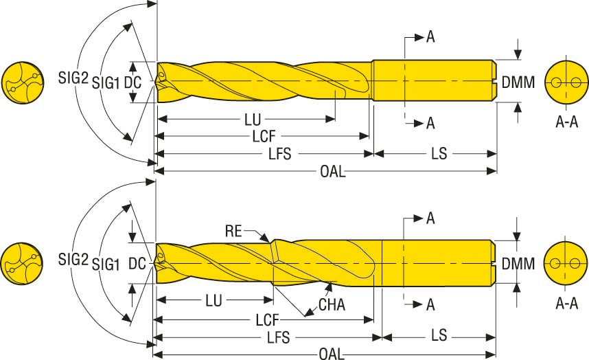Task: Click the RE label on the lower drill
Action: [233, 231]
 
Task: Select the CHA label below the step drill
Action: [332, 304]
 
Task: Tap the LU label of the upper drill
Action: [253, 119]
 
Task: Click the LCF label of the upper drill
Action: [264, 136]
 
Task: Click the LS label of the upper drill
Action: [438, 154]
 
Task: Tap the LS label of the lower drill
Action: [439, 337]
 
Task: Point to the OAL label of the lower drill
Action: [332, 354]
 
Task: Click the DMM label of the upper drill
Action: [518, 83]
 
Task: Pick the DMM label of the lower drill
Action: [518, 263]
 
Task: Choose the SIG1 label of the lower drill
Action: [106, 263]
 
